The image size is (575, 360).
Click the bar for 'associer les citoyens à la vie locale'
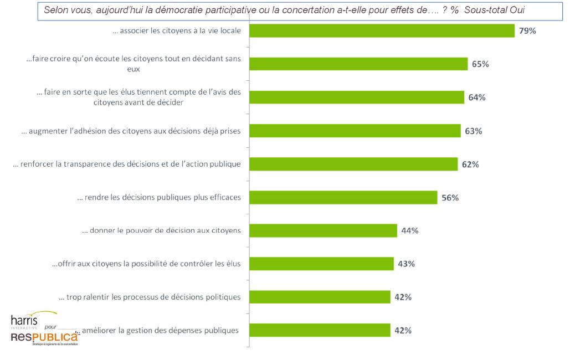click(382, 31)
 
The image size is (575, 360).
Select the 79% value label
click(527, 31)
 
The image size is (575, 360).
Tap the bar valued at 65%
click(358, 64)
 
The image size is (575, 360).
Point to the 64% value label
click(476, 97)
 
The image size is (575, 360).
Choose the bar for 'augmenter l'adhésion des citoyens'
click(355, 131)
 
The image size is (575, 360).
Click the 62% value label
click(470, 164)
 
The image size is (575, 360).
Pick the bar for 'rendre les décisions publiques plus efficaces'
click(343, 198)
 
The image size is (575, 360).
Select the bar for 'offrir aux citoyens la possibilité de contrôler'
click(321, 264)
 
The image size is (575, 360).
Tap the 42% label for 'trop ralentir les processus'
click(402, 297)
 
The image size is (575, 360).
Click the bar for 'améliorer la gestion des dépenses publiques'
click(320, 331)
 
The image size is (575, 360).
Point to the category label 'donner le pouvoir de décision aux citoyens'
click(161, 230)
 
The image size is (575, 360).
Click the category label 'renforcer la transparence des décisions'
click(127, 164)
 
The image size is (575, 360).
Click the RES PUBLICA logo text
click(45, 337)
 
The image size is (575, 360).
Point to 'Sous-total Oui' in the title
click(495, 10)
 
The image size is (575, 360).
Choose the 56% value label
click(450, 198)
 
